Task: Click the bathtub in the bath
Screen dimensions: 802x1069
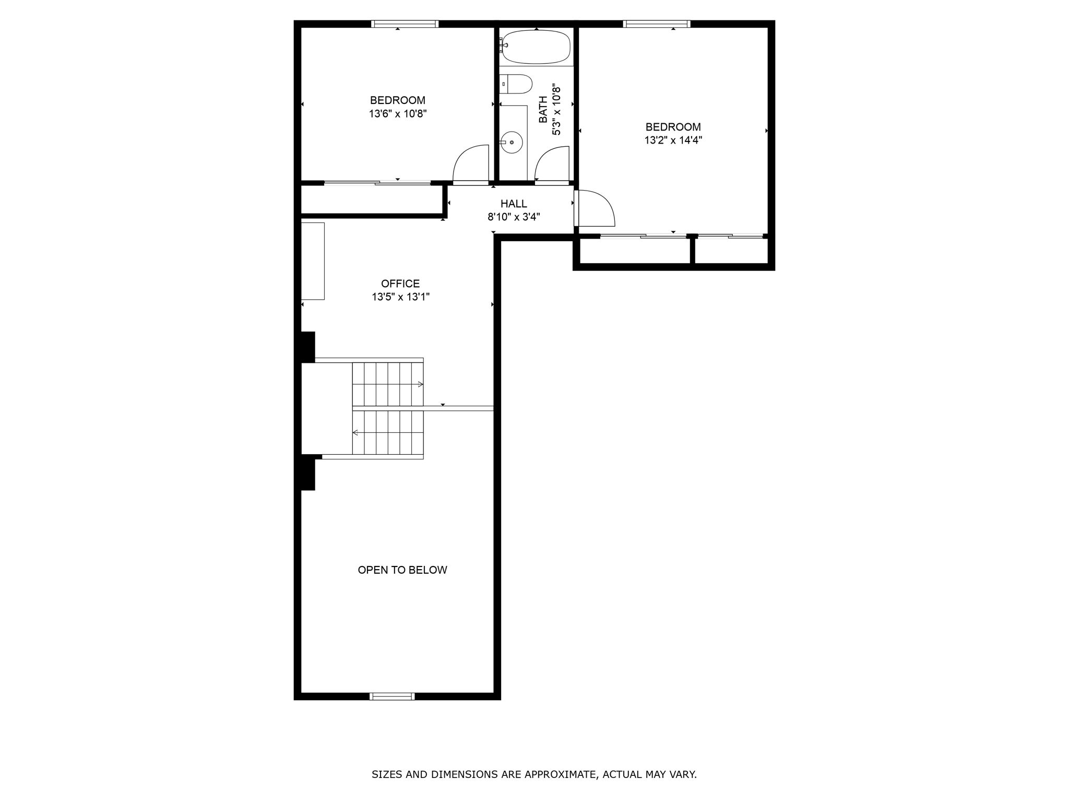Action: tap(536, 47)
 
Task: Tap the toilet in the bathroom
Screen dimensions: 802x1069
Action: tap(516, 84)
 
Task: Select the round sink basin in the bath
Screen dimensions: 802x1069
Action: tap(512, 141)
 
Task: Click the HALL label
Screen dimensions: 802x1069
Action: tap(514, 204)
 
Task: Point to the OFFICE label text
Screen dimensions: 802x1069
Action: tap(400, 284)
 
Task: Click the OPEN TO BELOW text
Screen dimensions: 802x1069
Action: tap(402, 570)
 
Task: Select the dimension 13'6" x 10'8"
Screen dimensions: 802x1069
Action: tap(398, 114)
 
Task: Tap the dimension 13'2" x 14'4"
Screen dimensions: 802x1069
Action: tap(673, 140)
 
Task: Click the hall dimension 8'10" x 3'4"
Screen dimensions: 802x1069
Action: tap(514, 217)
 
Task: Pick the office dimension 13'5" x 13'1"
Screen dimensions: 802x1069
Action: tap(400, 297)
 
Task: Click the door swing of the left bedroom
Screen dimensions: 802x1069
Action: tap(470, 164)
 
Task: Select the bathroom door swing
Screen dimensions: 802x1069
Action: tap(552, 165)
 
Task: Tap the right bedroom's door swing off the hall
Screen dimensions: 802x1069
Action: tap(594, 208)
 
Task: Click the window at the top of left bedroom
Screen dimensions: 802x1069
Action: tap(405, 23)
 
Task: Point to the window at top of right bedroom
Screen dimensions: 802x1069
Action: tap(657, 23)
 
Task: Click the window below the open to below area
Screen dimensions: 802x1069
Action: tap(392, 696)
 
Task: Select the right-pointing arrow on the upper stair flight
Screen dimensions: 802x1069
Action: tap(420, 384)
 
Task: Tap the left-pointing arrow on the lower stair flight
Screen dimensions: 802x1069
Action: tap(355, 432)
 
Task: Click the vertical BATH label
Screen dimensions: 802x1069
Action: tap(543, 110)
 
